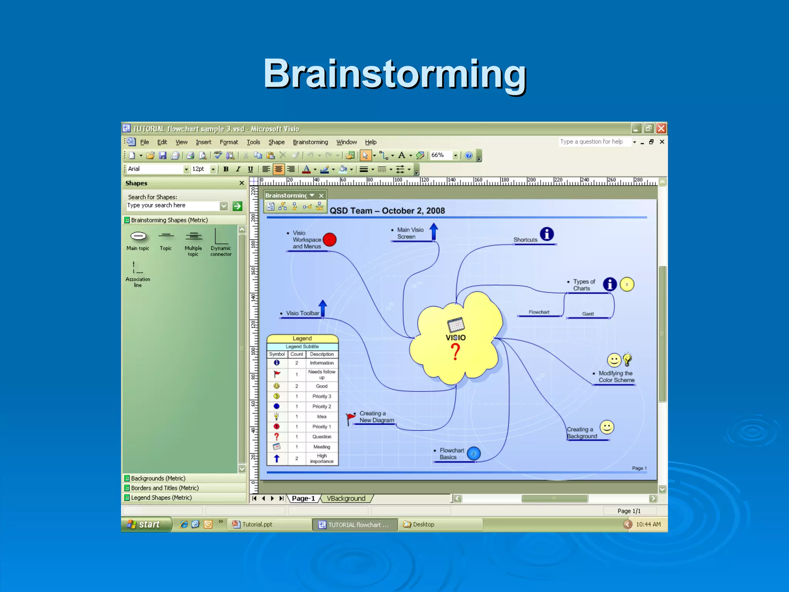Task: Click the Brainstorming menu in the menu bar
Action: (310, 142)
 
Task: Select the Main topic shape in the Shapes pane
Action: (138, 236)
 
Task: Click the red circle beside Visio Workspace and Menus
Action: (329, 239)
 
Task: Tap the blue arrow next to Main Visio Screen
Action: (434, 231)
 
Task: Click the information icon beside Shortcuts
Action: (547, 234)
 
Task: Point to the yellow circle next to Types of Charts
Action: (627, 284)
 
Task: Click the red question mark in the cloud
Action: (455, 351)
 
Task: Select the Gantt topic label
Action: (588, 314)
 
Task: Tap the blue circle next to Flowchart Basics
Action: (473, 454)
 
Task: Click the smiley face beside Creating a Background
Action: (607, 427)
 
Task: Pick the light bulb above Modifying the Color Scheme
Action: (627, 359)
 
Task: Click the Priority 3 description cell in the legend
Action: (321, 396)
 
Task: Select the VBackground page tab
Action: (346, 498)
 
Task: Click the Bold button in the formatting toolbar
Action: (226, 169)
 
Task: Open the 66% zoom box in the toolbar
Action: (443, 155)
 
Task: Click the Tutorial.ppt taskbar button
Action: (270, 525)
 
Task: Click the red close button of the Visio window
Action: (661, 128)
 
